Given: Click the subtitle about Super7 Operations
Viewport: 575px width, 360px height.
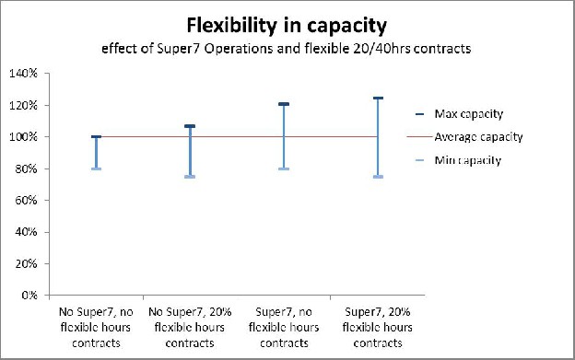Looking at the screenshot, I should [287, 48].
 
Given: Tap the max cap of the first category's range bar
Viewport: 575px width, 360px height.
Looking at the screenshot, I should [96, 137].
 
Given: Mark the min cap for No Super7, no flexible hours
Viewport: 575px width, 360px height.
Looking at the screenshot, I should [96, 168].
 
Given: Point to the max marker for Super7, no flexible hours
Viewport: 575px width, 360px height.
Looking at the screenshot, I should [284, 104].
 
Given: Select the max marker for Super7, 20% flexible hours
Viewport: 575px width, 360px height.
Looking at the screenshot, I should [378, 98].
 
